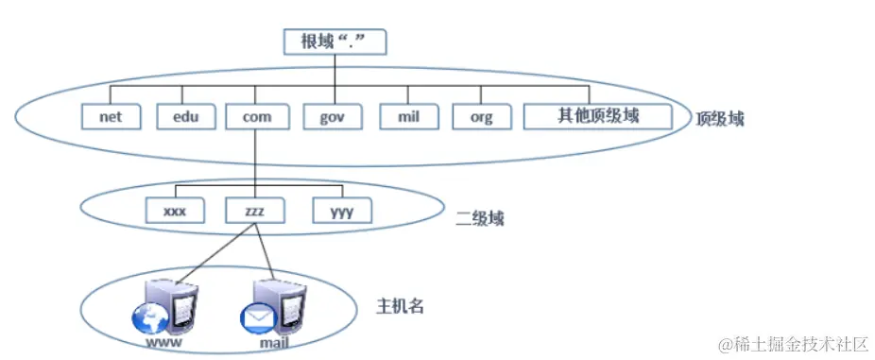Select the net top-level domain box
(112, 117)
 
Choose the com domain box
(257, 117)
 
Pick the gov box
(334, 117)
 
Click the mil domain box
(408, 117)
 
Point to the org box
(481, 117)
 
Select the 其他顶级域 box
(598, 116)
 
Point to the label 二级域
(479, 218)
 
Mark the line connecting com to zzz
(256, 163)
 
